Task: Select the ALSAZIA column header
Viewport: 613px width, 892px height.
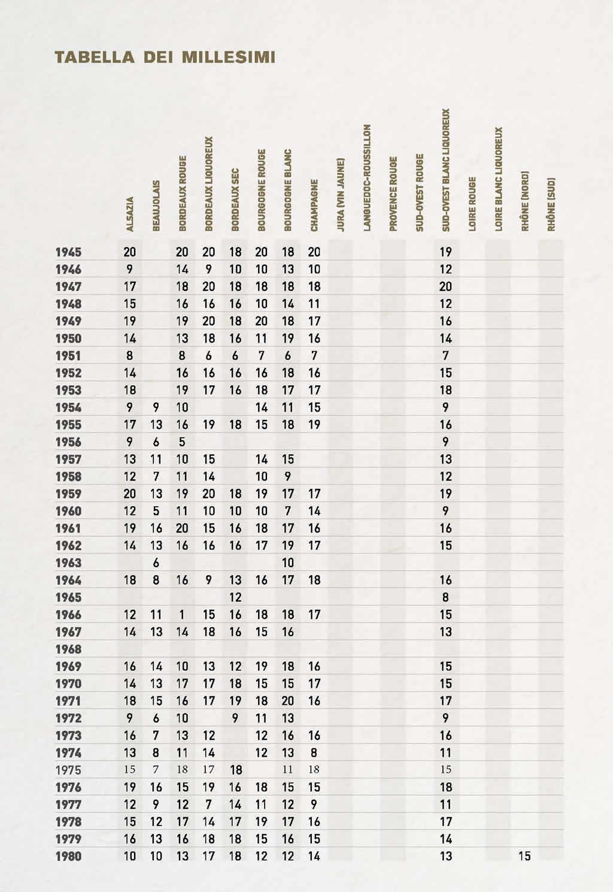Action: click(130, 213)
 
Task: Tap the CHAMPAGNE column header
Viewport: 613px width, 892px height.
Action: click(314, 204)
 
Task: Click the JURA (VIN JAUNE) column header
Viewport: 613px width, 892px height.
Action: click(341, 194)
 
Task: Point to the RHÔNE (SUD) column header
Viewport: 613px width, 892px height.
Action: click(551, 203)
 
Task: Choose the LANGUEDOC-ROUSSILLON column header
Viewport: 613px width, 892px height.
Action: click(367, 177)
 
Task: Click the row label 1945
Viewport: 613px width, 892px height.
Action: click(68, 252)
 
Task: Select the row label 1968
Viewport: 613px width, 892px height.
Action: click(68, 649)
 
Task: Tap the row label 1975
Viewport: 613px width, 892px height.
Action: click(68, 770)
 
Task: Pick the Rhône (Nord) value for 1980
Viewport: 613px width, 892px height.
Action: click(524, 857)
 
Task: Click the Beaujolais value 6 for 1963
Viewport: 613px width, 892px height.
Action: click(156, 563)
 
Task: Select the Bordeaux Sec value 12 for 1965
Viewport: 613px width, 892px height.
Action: click(235, 598)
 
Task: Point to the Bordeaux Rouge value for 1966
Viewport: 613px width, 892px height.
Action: click(183, 615)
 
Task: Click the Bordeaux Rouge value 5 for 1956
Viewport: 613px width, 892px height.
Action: click(183, 442)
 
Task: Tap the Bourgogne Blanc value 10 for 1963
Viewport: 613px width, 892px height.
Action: click(288, 563)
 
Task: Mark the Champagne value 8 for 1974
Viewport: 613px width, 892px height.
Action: click(314, 753)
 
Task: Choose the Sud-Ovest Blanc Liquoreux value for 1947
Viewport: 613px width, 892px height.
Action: click(446, 287)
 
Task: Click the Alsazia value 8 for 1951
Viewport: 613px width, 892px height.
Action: click(130, 356)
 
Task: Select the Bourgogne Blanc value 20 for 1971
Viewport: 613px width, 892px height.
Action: click(288, 701)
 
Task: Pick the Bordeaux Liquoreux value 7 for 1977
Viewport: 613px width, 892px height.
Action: click(209, 805)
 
